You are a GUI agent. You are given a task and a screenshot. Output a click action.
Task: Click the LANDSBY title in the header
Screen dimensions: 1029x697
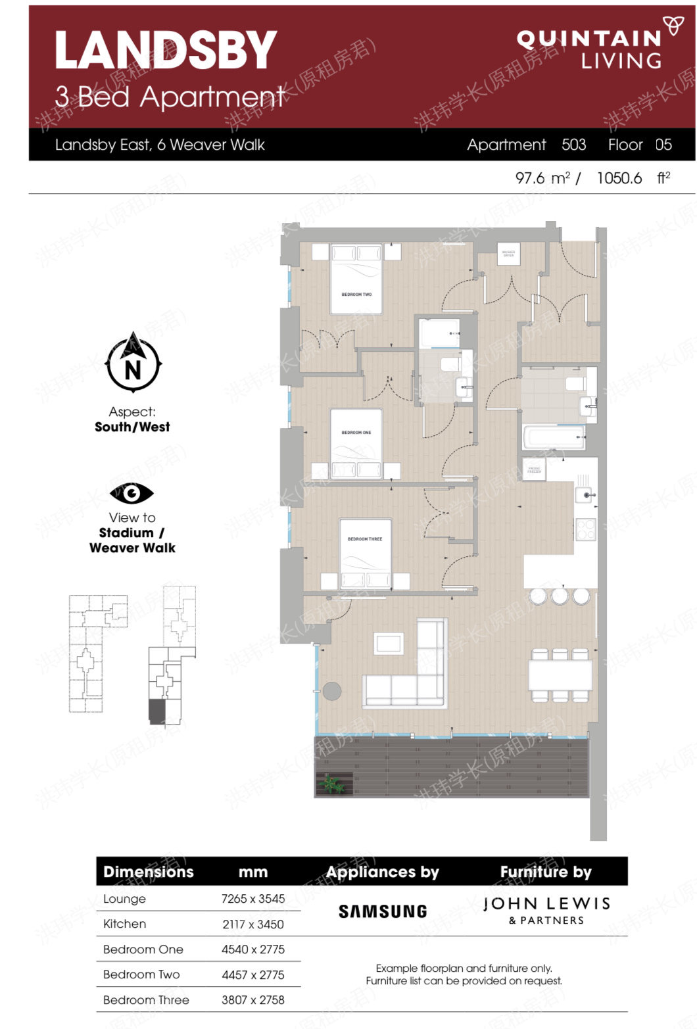click(x=165, y=51)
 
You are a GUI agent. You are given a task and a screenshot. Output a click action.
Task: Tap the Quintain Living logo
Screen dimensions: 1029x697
click(x=595, y=47)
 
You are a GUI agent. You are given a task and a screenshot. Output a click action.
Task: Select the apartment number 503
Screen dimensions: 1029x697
click(x=573, y=145)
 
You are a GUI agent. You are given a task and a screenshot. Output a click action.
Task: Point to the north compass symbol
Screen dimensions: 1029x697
click(x=133, y=364)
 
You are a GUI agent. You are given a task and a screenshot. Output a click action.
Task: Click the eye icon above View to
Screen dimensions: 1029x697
click(x=132, y=493)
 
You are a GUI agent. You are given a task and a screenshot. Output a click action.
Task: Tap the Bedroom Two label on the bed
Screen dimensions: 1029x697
click(x=356, y=295)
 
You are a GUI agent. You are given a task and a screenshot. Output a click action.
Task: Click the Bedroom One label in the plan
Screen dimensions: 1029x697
click(x=356, y=433)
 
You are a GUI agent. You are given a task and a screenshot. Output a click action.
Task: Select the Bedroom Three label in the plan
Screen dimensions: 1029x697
click(x=365, y=539)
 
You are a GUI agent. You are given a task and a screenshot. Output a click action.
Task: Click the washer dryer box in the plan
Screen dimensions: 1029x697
click(x=508, y=253)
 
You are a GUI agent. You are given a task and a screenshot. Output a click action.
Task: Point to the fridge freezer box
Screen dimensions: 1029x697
click(x=534, y=470)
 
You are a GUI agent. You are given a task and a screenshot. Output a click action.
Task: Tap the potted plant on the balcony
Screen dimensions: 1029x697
click(x=330, y=783)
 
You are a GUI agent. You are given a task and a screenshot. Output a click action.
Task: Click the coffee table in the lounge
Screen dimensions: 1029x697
click(x=389, y=643)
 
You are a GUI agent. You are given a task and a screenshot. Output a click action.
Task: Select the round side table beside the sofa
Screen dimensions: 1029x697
click(x=332, y=691)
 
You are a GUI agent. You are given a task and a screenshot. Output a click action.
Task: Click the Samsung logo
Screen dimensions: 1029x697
click(x=383, y=911)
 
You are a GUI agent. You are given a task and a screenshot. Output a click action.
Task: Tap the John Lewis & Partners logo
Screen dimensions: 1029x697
click(x=546, y=911)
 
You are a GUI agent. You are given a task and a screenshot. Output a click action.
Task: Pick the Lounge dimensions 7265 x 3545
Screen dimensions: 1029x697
click(x=253, y=899)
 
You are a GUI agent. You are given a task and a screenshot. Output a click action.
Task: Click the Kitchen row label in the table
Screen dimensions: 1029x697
click(x=125, y=924)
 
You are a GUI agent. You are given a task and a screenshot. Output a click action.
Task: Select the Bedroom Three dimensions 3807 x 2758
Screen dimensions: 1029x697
click(x=253, y=1000)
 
